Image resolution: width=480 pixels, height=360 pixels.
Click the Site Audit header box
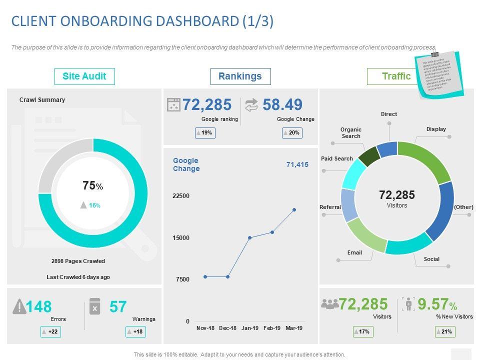point(84,76)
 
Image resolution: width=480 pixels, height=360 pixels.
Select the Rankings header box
point(240,76)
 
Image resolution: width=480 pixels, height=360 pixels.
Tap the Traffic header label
point(396,76)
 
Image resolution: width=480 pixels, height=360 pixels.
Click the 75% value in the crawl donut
point(92,186)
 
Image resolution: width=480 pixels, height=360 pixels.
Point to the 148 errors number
point(39,306)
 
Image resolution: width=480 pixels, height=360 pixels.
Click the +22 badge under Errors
point(51,331)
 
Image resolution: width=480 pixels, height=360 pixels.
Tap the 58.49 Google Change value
point(282,104)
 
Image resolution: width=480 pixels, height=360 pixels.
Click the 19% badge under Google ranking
point(205,133)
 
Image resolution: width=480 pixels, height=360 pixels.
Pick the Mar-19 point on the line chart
point(294,210)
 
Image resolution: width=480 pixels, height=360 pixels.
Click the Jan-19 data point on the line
point(249,237)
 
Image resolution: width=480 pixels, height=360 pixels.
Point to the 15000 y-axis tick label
point(181,238)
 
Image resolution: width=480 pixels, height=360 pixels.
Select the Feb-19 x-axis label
point(272,328)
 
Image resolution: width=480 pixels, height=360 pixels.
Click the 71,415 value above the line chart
point(297,164)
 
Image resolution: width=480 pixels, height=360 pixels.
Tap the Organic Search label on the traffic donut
point(351,132)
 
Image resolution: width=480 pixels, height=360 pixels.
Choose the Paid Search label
point(337,158)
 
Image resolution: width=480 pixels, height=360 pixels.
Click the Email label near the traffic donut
point(354,252)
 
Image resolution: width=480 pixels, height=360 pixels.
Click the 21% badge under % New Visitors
point(445,331)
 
